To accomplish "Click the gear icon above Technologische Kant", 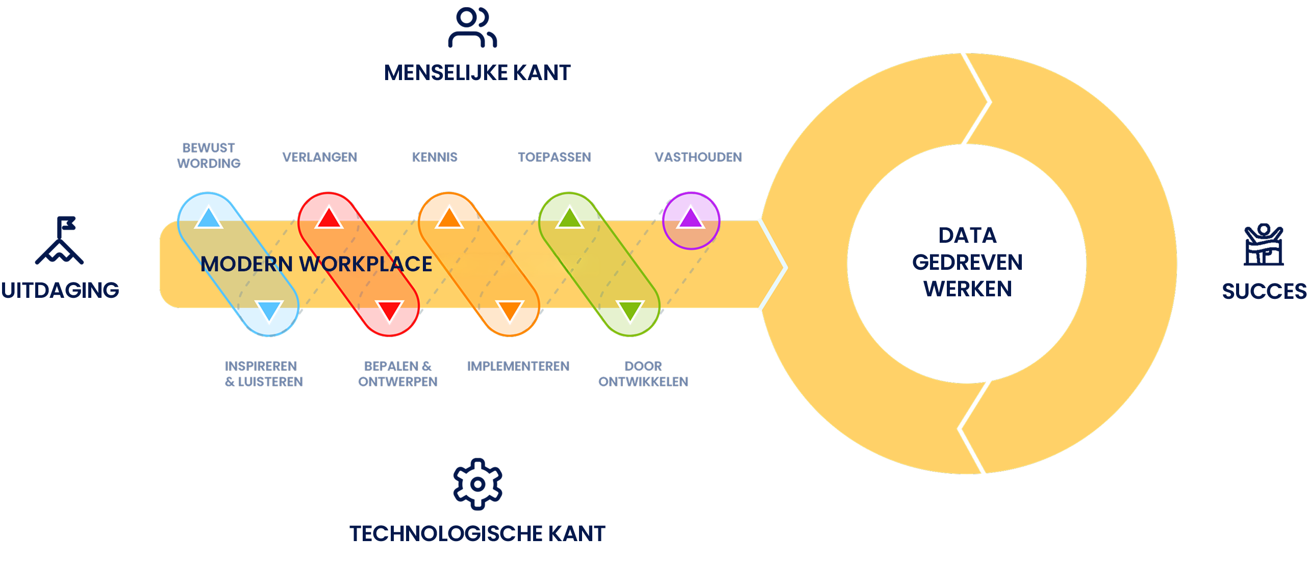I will tap(477, 484).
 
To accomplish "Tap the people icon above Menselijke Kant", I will tap(472, 28).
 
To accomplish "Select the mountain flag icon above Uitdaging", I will tap(60, 241).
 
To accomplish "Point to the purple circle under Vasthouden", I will tap(691, 220).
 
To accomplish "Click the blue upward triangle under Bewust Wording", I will tap(209, 218).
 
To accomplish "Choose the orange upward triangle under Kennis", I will tap(449, 218).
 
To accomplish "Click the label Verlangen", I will tap(320, 157).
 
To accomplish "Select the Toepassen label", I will tap(555, 157).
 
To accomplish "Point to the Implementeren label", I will tap(518, 366).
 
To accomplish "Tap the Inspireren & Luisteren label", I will tap(264, 374).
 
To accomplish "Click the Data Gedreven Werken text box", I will tap(962, 262).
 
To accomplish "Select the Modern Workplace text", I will tap(316, 264).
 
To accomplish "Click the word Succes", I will tap(1264, 292).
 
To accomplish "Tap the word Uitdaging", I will tap(60, 291).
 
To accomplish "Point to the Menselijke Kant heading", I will tap(477, 73).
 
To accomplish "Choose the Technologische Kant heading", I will tap(477, 533).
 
